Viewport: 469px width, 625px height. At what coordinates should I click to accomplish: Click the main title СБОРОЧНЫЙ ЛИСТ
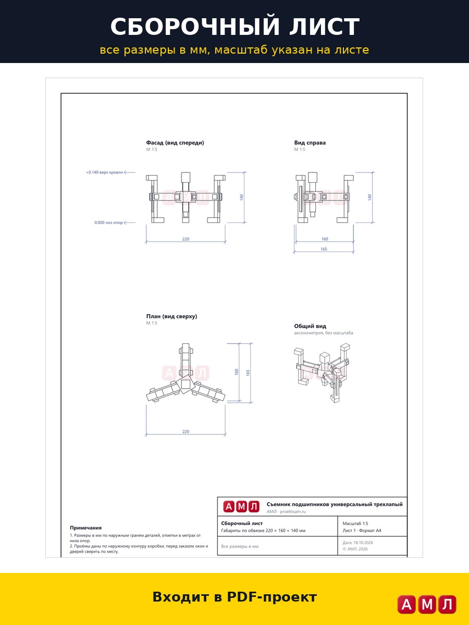[234, 26]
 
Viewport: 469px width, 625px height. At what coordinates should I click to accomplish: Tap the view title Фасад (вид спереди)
[175, 143]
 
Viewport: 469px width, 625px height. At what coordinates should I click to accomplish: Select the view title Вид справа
[310, 143]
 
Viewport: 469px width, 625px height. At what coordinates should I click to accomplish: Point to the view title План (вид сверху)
[172, 316]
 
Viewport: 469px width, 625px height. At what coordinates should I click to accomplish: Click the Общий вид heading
[310, 326]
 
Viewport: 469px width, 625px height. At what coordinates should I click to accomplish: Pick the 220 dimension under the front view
[186, 239]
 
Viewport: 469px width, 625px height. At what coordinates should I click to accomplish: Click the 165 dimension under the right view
[324, 249]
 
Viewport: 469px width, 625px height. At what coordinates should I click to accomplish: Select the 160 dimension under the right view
[325, 239]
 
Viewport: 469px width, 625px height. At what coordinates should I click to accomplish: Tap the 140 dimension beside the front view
[241, 197]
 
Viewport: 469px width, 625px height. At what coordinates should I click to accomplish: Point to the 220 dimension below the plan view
[186, 432]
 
